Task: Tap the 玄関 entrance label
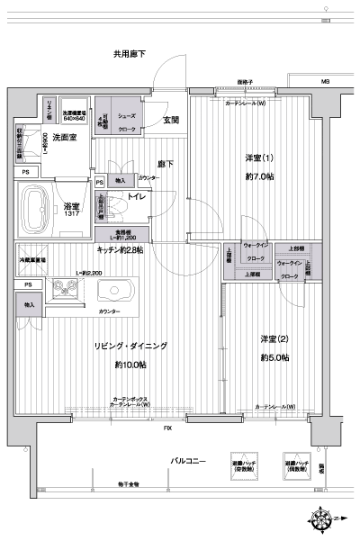point(170,119)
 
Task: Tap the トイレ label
point(138,195)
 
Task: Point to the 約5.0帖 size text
point(274,358)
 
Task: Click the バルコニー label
point(189,462)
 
